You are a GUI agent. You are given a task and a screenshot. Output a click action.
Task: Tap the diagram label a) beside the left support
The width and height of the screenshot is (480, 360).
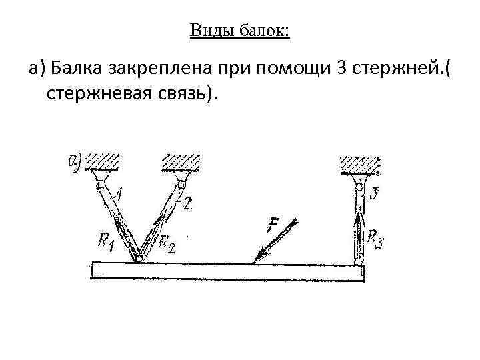click(75, 161)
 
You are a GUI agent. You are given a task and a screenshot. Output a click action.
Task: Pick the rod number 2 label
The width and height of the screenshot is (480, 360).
click(187, 204)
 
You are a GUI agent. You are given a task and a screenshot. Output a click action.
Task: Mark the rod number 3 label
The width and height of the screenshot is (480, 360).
click(375, 194)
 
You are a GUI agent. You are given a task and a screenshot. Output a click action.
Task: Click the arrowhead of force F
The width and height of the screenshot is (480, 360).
click(258, 257)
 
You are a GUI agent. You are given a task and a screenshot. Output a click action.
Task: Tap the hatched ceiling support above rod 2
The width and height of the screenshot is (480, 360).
click(181, 162)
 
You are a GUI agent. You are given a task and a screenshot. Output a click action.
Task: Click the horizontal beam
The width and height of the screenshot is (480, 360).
click(227, 271)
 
